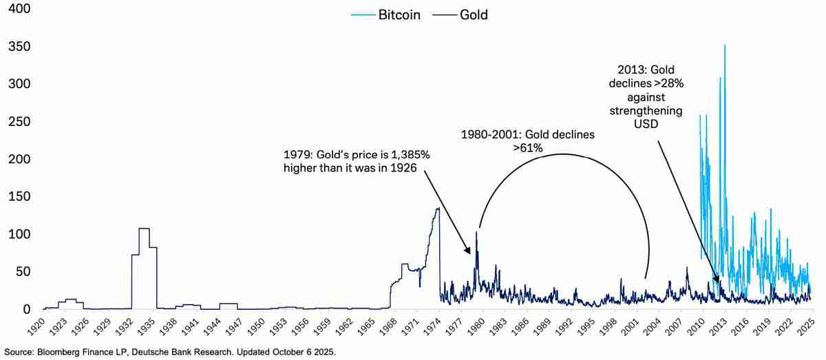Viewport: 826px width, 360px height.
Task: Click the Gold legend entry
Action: pos(462,14)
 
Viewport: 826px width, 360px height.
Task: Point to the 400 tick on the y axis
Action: pos(19,9)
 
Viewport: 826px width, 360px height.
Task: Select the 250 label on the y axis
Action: pos(19,122)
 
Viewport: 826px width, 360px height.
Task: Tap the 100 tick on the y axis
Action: pos(19,235)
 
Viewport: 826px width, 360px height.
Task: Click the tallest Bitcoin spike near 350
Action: pos(725,46)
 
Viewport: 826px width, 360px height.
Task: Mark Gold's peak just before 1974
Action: pos(438,209)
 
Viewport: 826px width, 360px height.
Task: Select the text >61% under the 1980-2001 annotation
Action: pos(528,147)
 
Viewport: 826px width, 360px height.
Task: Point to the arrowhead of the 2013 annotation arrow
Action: pos(719,282)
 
